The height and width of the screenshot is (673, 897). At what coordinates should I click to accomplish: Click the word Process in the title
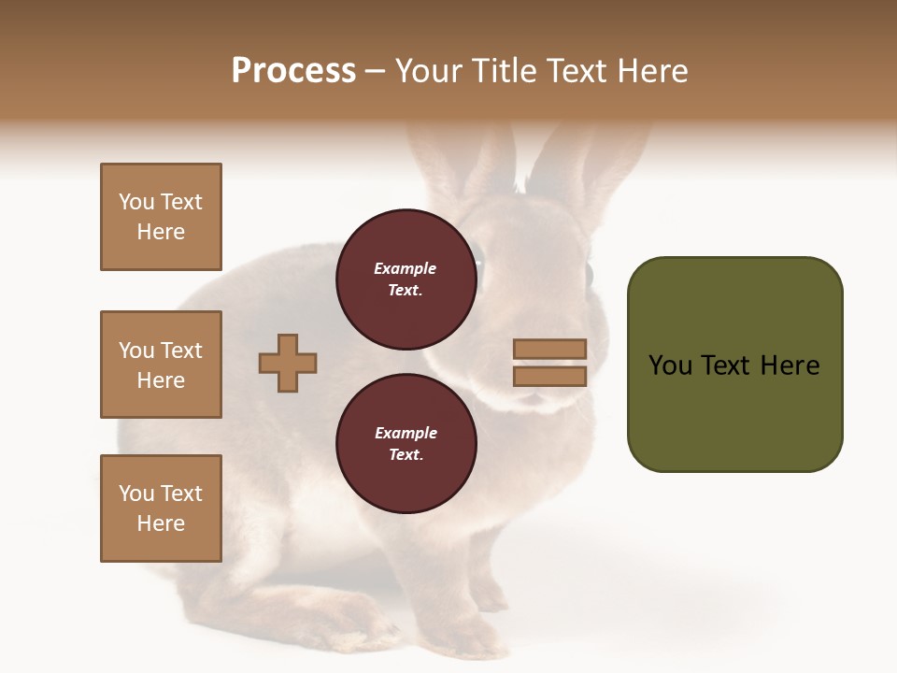click(293, 71)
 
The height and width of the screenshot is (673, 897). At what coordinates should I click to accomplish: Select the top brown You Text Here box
click(161, 217)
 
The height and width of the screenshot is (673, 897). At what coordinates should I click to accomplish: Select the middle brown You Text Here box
click(161, 365)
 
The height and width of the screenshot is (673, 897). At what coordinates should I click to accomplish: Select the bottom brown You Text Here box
click(161, 508)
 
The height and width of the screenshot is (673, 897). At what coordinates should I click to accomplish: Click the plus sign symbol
click(288, 363)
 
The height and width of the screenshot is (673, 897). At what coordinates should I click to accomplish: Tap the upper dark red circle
click(406, 279)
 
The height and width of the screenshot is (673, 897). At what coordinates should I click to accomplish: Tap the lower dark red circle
click(406, 444)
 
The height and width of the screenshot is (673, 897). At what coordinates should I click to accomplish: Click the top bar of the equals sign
click(549, 349)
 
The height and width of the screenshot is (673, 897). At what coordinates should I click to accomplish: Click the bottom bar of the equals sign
click(549, 377)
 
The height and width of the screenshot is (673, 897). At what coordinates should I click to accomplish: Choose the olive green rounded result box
click(734, 365)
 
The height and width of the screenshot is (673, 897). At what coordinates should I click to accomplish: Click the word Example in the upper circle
click(405, 268)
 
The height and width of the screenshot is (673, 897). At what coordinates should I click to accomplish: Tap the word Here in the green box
click(790, 365)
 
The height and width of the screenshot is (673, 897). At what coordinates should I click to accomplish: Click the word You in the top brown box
click(135, 202)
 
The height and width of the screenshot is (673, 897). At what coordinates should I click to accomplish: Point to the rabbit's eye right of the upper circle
click(589, 274)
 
